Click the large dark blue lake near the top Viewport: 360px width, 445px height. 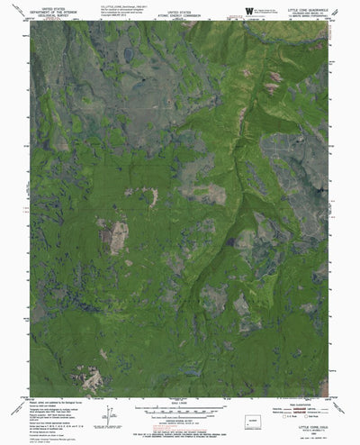130,56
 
